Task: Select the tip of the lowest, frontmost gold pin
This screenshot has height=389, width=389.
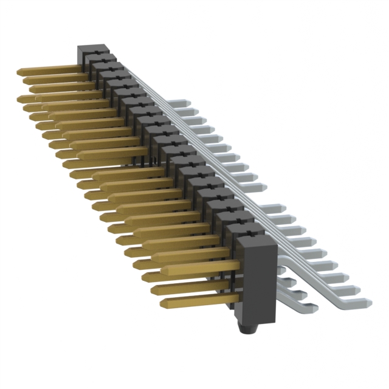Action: [x=163, y=301]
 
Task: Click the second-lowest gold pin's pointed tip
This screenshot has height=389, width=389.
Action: [x=154, y=288]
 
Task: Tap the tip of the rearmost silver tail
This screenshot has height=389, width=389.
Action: [x=180, y=103]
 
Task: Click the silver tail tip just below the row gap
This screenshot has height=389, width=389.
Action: [x=283, y=208]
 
